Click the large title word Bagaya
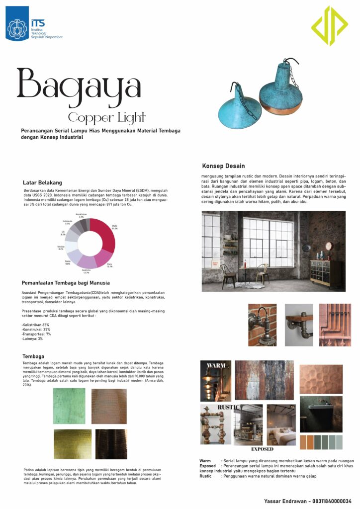[79, 85]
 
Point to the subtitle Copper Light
[107, 117]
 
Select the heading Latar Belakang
[43, 182]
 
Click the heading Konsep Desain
[223, 166]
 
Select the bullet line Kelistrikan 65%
[36, 325]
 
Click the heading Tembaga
[34, 356]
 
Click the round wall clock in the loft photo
[328, 245]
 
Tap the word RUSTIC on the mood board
[228, 408]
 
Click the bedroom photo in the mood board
[281, 425]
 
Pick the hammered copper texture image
[321, 379]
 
